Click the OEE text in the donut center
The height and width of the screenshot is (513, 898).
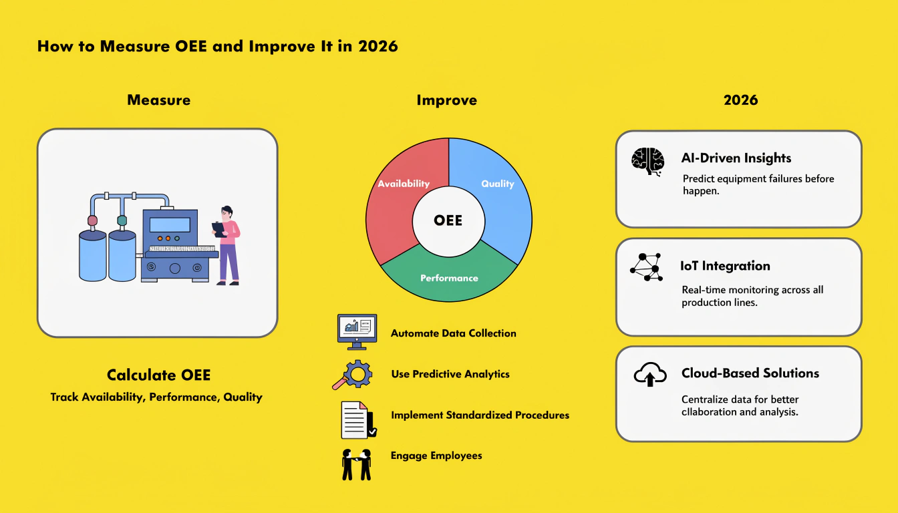coord(448,220)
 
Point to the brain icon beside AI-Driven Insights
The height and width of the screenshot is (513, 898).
coord(648,162)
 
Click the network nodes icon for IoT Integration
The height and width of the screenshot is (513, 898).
coord(646,267)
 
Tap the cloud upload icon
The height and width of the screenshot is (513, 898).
coord(650,374)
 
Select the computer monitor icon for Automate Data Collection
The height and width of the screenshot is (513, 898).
coord(357,332)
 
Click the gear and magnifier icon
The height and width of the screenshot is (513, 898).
coord(352,374)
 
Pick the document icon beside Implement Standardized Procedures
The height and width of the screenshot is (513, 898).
coord(359,420)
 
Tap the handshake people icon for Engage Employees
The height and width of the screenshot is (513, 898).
coord(356,464)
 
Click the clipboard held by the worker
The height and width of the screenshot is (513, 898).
coord(219,230)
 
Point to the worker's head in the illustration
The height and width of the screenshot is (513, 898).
coord(227,213)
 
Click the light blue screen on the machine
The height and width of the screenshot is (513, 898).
coord(170,225)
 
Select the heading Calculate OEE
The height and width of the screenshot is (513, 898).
coord(159,375)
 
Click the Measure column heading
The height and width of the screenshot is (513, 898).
coord(159,100)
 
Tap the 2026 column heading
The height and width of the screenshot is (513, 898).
coord(741,100)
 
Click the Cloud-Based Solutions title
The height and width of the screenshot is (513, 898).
coord(750,373)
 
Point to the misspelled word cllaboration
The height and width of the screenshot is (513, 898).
coord(709,412)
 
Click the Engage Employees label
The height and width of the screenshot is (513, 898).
coord(436,456)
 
